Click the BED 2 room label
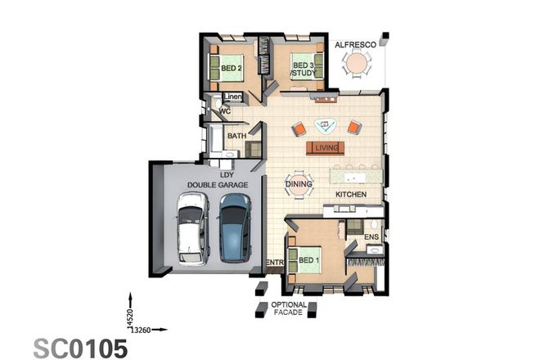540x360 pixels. pyautogui.click(x=231, y=68)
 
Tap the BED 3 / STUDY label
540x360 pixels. pyautogui.click(x=304, y=69)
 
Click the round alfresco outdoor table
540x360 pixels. pyautogui.click(x=357, y=64)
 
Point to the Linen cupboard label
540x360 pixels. pyautogui.click(x=233, y=97)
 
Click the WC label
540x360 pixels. pyautogui.click(x=223, y=111)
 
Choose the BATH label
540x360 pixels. pyautogui.click(x=236, y=136)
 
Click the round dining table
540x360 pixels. pyautogui.click(x=298, y=185)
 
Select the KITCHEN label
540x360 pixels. pyautogui.click(x=350, y=194)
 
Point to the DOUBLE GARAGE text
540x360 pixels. pyautogui.click(x=217, y=186)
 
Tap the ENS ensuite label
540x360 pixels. pyautogui.click(x=371, y=237)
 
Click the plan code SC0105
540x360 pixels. pyautogui.click(x=81, y=347)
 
